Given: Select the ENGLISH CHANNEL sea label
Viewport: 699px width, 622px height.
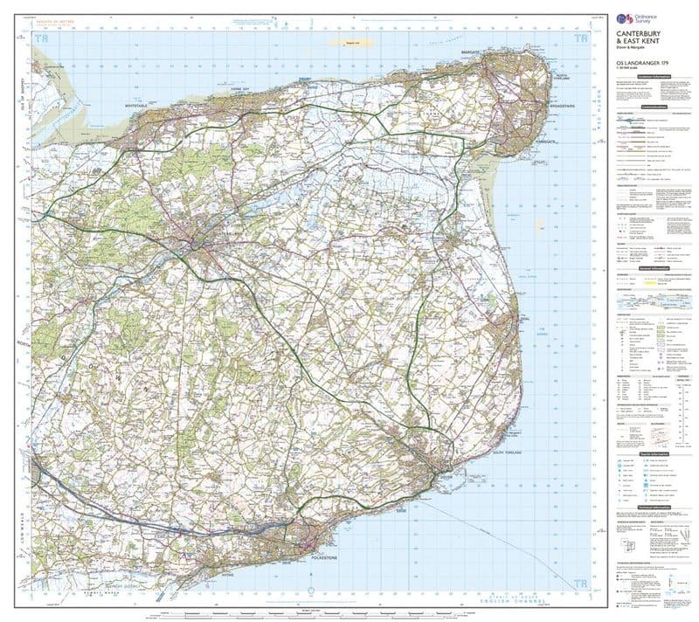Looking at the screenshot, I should tap(489, 605).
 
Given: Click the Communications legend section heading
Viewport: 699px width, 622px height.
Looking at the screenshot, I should tap(653, 107).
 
